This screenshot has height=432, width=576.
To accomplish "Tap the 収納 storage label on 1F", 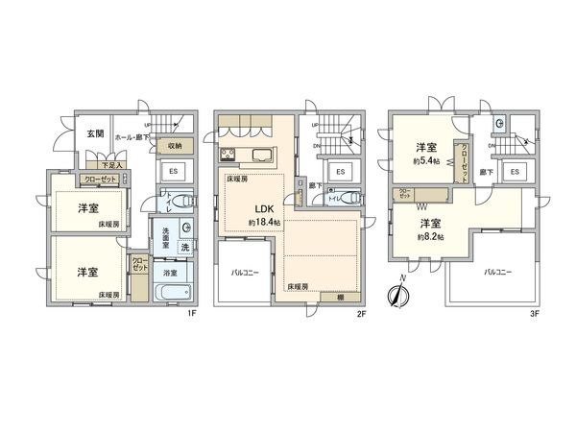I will pyautogui.click(x=174, y=146).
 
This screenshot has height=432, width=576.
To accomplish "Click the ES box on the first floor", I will pyautogui.click(x=174, y=172).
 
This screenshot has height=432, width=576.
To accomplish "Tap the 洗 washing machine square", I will pyautogui.click(x=184, y=249).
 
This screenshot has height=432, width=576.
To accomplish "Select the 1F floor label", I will pyautogui.click(x=191, y=313).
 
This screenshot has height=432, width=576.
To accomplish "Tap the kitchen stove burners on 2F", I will pyautogui.click(x=228, y=155).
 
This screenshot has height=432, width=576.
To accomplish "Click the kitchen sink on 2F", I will pyautogui.click(x=262, y=156).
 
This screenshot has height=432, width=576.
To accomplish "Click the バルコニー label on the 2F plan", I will pyautogui.click(x=245, y=273).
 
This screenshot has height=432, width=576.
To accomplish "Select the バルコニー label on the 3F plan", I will pyautogui.click(x=496, y=273).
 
